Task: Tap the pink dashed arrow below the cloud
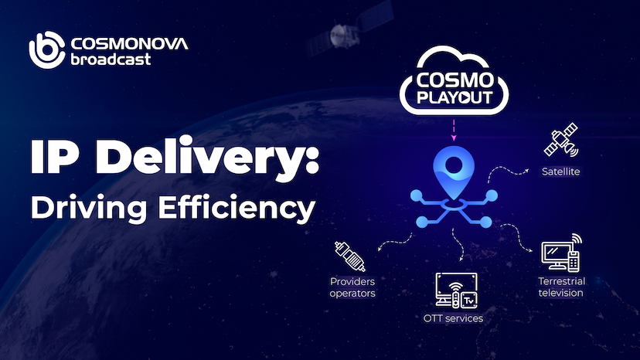point(454,128)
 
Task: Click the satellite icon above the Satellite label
point(560,141)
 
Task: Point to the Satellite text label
point(560,171)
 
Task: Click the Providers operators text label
point(352,288)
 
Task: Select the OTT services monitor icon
point(457,290)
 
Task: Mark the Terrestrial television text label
point(560,287)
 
